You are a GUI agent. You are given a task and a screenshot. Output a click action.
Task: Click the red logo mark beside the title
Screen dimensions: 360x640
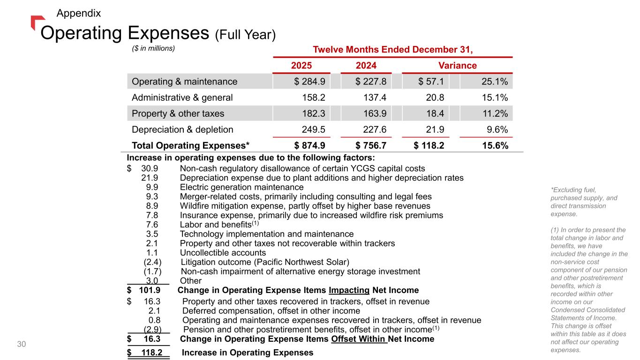(37, 22)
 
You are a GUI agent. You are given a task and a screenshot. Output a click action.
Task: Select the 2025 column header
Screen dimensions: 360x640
(301, 66)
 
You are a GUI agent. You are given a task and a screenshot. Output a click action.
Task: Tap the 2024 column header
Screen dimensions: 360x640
(366, 66)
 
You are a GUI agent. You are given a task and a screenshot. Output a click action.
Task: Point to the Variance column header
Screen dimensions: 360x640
(457, 66)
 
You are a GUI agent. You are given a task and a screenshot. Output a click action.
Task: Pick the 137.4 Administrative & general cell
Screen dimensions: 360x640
(375, 98)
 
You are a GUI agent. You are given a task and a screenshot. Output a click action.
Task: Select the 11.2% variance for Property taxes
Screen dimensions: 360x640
(496, 113)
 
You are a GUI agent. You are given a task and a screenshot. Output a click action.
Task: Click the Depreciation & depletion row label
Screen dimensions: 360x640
(182, 129)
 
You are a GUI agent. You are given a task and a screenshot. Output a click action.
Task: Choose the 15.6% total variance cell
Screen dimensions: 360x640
(496, 145)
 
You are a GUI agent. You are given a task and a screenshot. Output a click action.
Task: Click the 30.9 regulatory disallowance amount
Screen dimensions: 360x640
(150, 168)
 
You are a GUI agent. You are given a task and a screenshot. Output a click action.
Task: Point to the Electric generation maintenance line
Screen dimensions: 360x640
(241, 187)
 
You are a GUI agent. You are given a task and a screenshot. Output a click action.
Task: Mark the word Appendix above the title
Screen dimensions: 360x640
(78, 13)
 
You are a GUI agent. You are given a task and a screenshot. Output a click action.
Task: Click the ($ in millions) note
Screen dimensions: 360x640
(153, 48)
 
